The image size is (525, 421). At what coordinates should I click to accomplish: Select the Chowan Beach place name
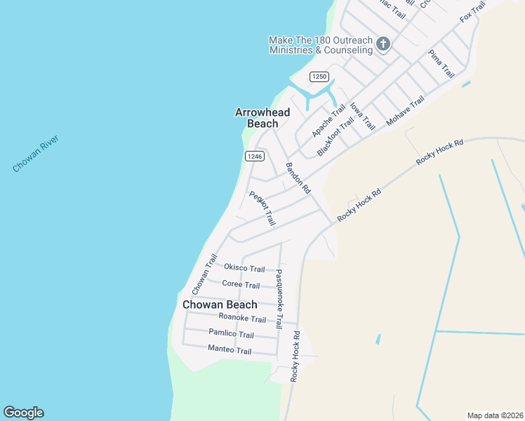point(220,305)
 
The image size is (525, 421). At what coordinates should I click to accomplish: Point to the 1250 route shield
point(319,76)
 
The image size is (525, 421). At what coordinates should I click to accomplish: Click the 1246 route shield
point(254,156)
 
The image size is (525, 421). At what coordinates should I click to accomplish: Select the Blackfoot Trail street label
point(335,136)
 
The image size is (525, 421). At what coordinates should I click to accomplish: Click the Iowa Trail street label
point(362,116)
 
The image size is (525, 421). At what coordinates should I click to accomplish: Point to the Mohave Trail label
point(405,111)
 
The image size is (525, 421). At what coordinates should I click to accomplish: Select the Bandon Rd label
point(297,178)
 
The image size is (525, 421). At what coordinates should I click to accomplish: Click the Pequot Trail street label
point(261,208)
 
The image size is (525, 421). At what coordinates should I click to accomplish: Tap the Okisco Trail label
point(244,268)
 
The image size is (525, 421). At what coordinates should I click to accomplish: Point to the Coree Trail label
point(241,284)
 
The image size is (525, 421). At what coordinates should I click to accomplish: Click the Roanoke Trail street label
point(242,319)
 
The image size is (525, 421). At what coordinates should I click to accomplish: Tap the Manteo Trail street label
point(230,350)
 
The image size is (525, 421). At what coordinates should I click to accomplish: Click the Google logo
point(23,413)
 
